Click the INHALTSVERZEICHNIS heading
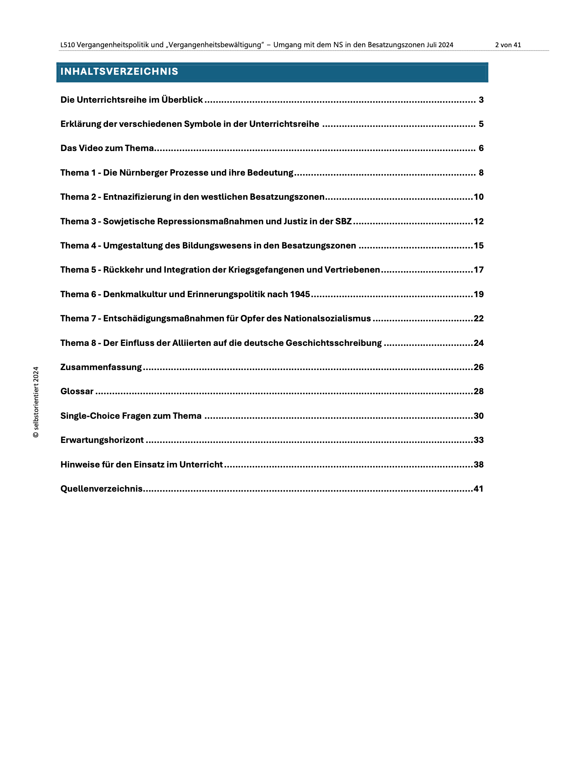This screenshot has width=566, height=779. click(x=119, y=72)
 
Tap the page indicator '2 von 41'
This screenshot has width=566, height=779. click(x=508, y=45)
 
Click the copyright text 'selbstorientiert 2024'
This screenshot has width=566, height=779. click(x=36, y=402)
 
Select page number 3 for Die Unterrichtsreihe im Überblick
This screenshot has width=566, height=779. click(x=481, y=100)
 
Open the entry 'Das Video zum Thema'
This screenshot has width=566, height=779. click(x=107, y=148)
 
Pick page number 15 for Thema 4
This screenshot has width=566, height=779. click(x=478, y=246)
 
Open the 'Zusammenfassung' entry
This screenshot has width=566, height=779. click(x=101, y=367)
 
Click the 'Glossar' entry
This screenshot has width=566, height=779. click(x=77, y=392)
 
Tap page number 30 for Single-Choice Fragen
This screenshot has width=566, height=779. click(x=478, y=416)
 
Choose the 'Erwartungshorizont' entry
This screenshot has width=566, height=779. click(x=102, y=440)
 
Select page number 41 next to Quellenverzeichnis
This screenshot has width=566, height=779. click(x=478, y=489)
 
